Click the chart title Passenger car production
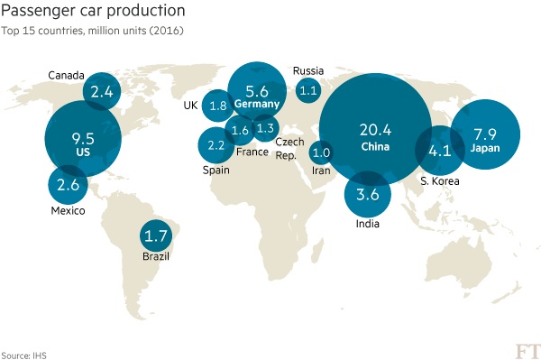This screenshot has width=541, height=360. [93, 11]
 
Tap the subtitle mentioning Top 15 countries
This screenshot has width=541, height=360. [92, 31]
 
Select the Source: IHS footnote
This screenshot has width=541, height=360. [23, 355]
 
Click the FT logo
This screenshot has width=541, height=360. [527, 351]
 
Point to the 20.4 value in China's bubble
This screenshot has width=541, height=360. [375, 130]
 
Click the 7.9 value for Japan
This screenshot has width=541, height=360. [485, 134]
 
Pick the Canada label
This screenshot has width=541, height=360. [66, 75]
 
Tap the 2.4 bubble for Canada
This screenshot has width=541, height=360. [102, 91]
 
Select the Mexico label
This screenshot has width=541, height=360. [68, 210]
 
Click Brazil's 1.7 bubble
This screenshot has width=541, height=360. [156, 235]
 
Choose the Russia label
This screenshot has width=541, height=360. [308, 70]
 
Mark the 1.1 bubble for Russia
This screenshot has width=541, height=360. [308, 90]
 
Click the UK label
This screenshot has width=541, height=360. [191, 106]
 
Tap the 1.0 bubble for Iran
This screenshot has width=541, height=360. [321, 152]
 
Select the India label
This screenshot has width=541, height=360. [368, 224]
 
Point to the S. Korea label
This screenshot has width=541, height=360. [440, 180]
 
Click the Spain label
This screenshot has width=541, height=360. [216, 171]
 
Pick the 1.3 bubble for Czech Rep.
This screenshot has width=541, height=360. [265, 128]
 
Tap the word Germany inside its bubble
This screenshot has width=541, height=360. [257, 104]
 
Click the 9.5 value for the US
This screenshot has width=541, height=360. [83, 139]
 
